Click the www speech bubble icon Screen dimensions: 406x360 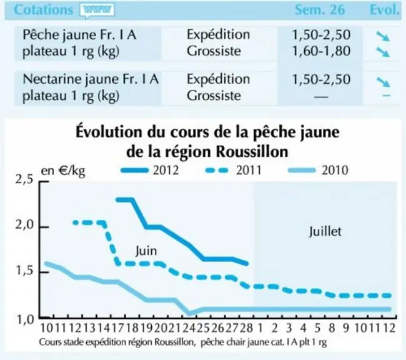[97, 11]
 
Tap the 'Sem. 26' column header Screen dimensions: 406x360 [320, 10]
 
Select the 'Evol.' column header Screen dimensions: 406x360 [385, 10]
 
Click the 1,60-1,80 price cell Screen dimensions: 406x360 [321, 51]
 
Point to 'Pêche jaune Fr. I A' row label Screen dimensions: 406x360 [79, 34]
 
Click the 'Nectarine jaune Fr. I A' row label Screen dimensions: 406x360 [91, 79]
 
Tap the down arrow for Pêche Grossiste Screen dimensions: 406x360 [383, 52]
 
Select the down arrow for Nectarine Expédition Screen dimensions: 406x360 [384, 82]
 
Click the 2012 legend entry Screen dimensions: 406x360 [150, 170]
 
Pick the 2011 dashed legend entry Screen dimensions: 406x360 [234, 170]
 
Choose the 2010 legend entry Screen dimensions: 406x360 [318, 170]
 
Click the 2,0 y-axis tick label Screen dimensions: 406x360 [24, 225]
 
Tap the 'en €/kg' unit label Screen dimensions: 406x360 [63, 171]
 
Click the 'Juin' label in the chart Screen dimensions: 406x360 [146, 251]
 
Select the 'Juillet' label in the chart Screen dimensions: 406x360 [325, 231]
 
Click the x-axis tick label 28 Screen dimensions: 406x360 [246, 328]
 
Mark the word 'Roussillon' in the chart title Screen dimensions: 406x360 [252, 151]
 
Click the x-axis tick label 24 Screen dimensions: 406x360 [189, 328]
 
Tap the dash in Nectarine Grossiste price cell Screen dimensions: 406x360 [321, 97]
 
